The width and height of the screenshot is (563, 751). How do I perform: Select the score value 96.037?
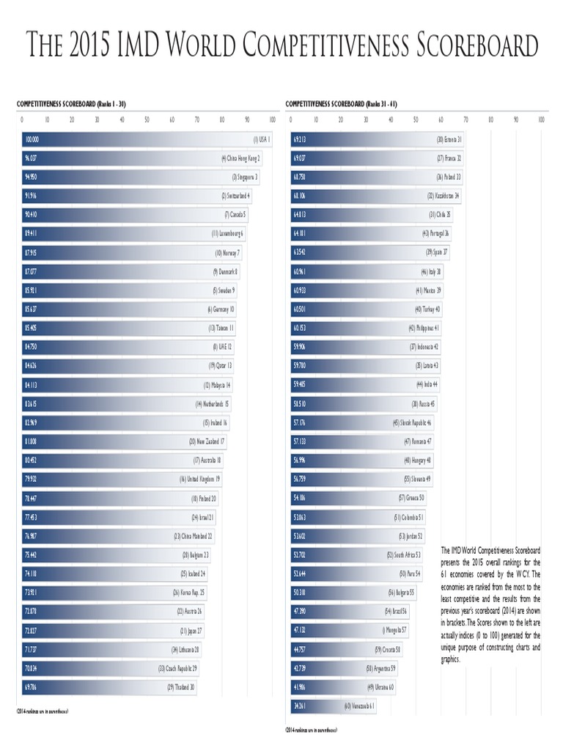tap(31, 158)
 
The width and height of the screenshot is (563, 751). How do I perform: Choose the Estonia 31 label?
tap(449, 139)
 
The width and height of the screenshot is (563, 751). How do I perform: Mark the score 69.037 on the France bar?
tap(299, 158)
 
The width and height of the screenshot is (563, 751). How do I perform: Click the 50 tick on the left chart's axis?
tap(147, 120)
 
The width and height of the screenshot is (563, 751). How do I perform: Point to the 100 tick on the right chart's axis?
tap(541, 120)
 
